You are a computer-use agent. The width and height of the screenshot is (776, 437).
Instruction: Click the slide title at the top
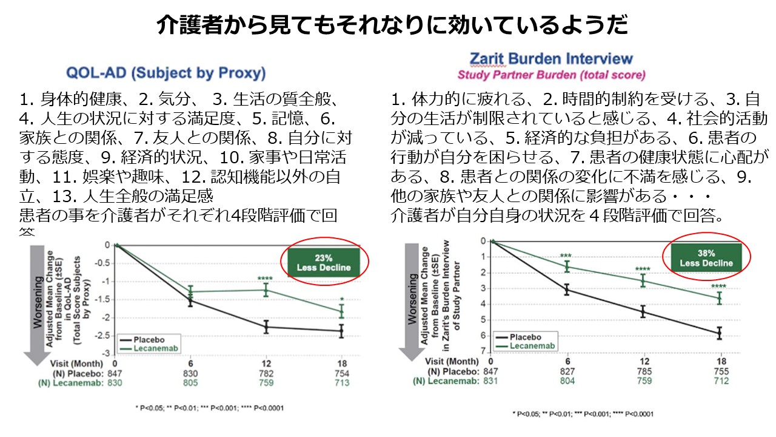click(388, 25)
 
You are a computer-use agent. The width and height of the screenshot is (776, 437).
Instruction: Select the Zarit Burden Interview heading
click(551, 59)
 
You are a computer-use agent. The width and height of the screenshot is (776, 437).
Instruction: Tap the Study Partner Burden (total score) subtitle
click(551, 75)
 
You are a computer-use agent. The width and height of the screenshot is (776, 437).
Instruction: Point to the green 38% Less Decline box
click(706, 257)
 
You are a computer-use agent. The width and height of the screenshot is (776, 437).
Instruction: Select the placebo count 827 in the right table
click(567, 370)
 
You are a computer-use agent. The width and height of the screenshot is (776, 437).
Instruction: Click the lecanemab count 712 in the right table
click(720, 381)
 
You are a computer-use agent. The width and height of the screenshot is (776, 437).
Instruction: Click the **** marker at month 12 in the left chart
click(265, 279)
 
